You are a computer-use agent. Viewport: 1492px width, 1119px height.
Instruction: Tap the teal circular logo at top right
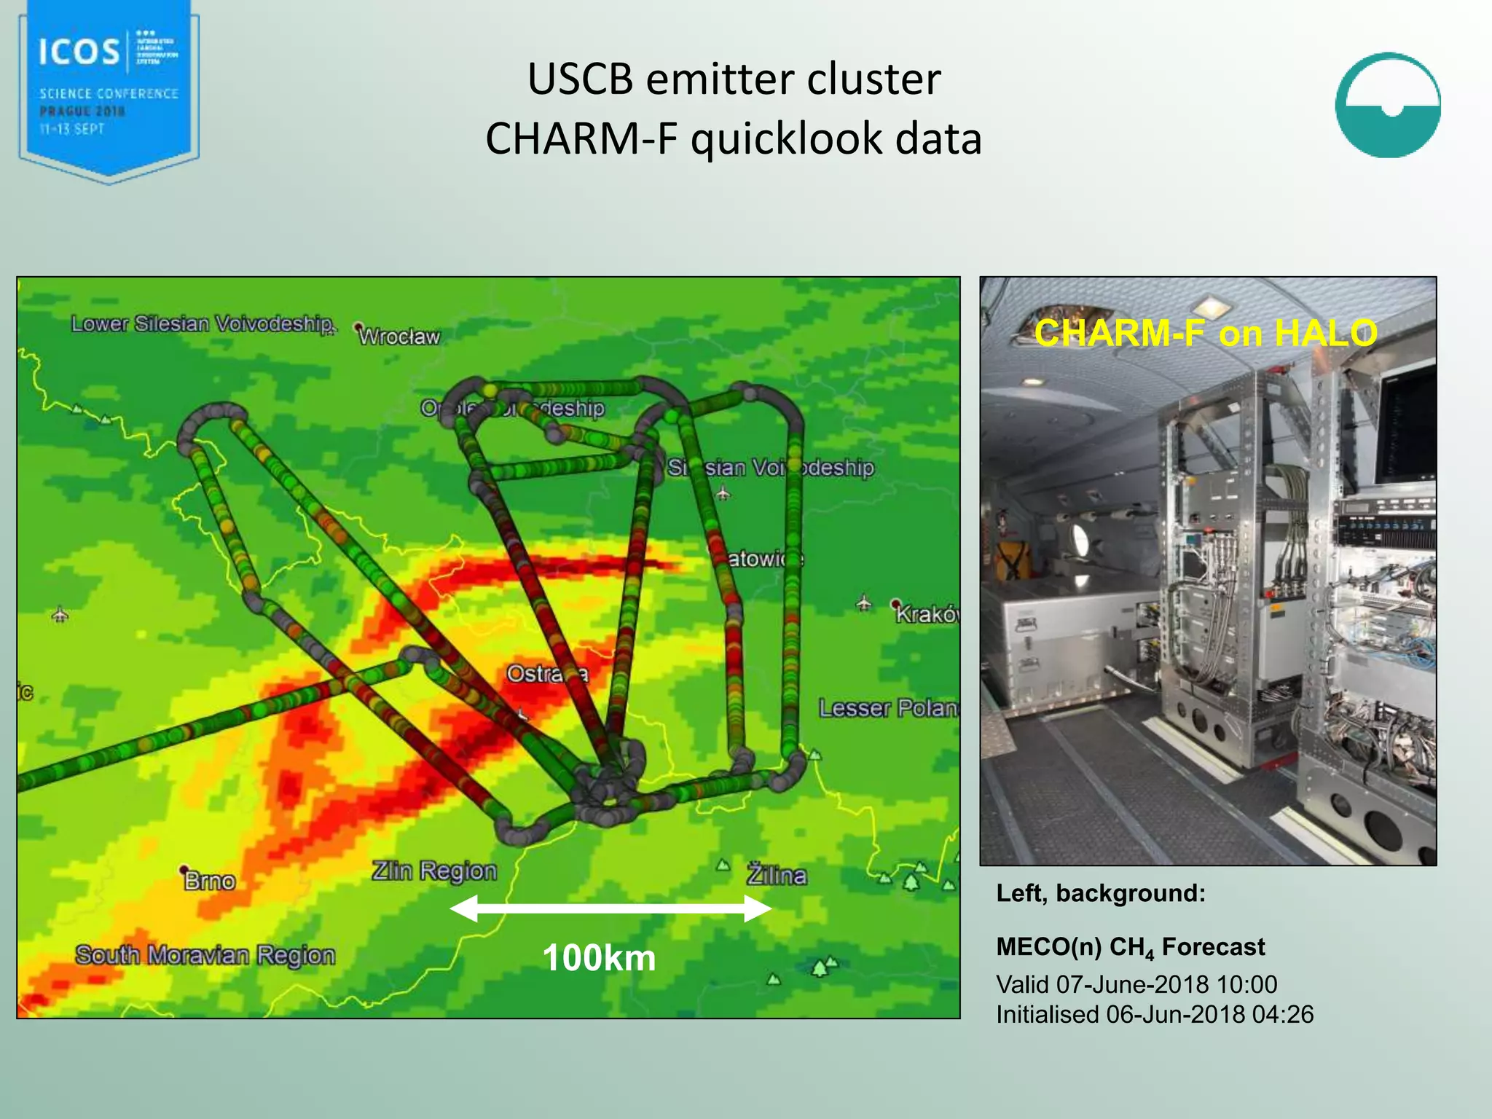point(1387,105)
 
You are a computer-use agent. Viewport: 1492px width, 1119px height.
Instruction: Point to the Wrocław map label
point(400,337)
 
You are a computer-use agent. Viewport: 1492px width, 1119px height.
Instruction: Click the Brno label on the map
point(210,881)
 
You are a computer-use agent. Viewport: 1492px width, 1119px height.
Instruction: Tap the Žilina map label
point(777,874)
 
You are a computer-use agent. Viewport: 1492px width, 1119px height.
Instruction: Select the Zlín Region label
point(434,871)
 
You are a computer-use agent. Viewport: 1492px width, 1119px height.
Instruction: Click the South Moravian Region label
point(205,954)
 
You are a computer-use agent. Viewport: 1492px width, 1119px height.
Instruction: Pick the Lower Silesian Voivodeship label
point(203,323)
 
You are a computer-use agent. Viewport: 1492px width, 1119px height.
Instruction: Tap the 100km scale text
point(599,957)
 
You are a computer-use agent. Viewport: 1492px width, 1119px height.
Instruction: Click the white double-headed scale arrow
point(610,908)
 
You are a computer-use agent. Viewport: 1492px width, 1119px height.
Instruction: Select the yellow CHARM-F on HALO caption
point(1206,333)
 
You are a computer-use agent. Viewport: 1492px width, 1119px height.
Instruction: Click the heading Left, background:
point(1101,893)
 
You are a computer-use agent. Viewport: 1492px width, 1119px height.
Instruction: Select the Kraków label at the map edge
point(927,614)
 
